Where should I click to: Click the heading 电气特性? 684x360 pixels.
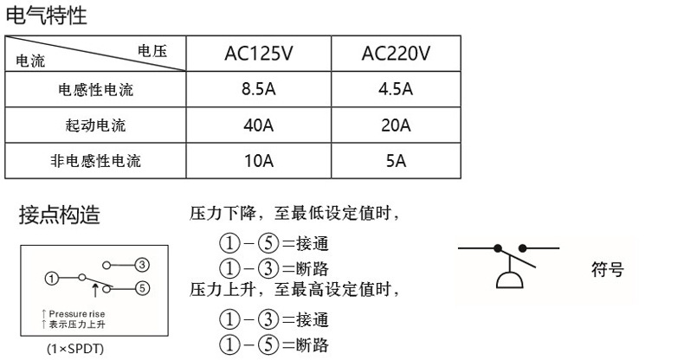pyautogui.click(x=48, y=15)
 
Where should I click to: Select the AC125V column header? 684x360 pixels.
pyautogui.click(x=259, y=55)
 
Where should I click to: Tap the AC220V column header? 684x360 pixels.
pyautogui.click(x=395, y=55)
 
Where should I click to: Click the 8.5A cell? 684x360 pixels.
pyautogui.click(x=259, y=89)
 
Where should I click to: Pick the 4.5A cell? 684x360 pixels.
pyautogui.click(x=396, y=89)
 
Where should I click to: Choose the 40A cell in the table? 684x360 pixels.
pyautogui.click(x=259, y=125)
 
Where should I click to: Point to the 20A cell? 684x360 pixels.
pyautogui.click(x=396, y=125)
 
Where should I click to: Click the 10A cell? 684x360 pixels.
pyautogui.click(x=259, y=160)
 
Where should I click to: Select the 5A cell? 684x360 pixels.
pyautogui.click(x=396, y=160)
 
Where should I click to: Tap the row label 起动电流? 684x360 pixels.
pyautogui.click(x=96, y=125)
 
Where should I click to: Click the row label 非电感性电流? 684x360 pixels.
pyautogui.click(x=96, y=161)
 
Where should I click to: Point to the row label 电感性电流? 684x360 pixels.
pyautogui.click(x=96, y=90)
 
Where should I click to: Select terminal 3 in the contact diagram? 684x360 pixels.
pyautogui.click(x=143, y=263)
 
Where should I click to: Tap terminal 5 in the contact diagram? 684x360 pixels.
pyautogui.click(x=143, y=286)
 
